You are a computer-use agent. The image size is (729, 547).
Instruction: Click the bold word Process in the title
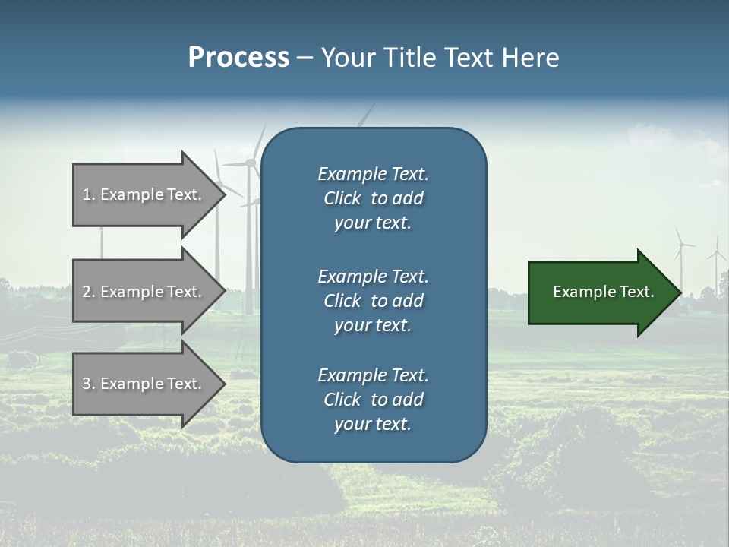pyautogui.click(x=238, y=58)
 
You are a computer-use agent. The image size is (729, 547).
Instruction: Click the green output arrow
pyautogui.click(x=600, y=292)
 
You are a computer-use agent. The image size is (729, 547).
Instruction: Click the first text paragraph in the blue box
pyautogui.click(x=373, y=198)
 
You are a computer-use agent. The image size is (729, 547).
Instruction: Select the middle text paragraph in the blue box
pyautogui.click(x=373, y=301)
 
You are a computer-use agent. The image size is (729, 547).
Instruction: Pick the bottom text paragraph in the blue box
pyautogui.click(x=373, y=400)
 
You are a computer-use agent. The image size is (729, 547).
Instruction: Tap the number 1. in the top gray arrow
pyautogui.click(x=89, y=194)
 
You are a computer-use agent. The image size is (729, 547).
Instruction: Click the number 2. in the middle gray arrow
pyautogui.click(x=89, y=292)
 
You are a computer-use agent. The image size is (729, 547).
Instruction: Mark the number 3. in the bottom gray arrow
pyautogui.click(x=89, y=384)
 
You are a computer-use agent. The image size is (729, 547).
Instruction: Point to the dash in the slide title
pyautogui.click(x=305, y=58)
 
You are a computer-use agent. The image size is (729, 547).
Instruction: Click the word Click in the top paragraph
pyautogui.click(x=342, y=198)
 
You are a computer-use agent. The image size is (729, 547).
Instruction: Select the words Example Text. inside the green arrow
pyautogui.click(x=603, y=292)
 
